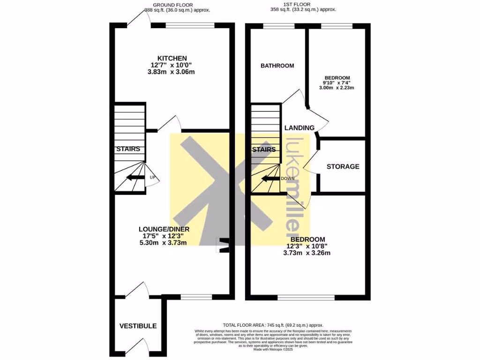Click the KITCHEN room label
(172, 58)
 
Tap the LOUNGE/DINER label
(164, 229)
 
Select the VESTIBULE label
(138, 326)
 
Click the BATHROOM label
(277, 66)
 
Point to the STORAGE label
(343, 166)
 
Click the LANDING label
(299, 127)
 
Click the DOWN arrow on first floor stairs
(270, 178)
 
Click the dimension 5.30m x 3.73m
(163, 243)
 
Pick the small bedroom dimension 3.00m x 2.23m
(336, 88)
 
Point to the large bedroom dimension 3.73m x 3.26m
(307, 253)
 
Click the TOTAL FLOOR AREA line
(273, 325)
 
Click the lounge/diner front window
(196, 297)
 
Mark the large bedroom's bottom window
(306, 297)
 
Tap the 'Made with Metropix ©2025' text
(273, 350)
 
